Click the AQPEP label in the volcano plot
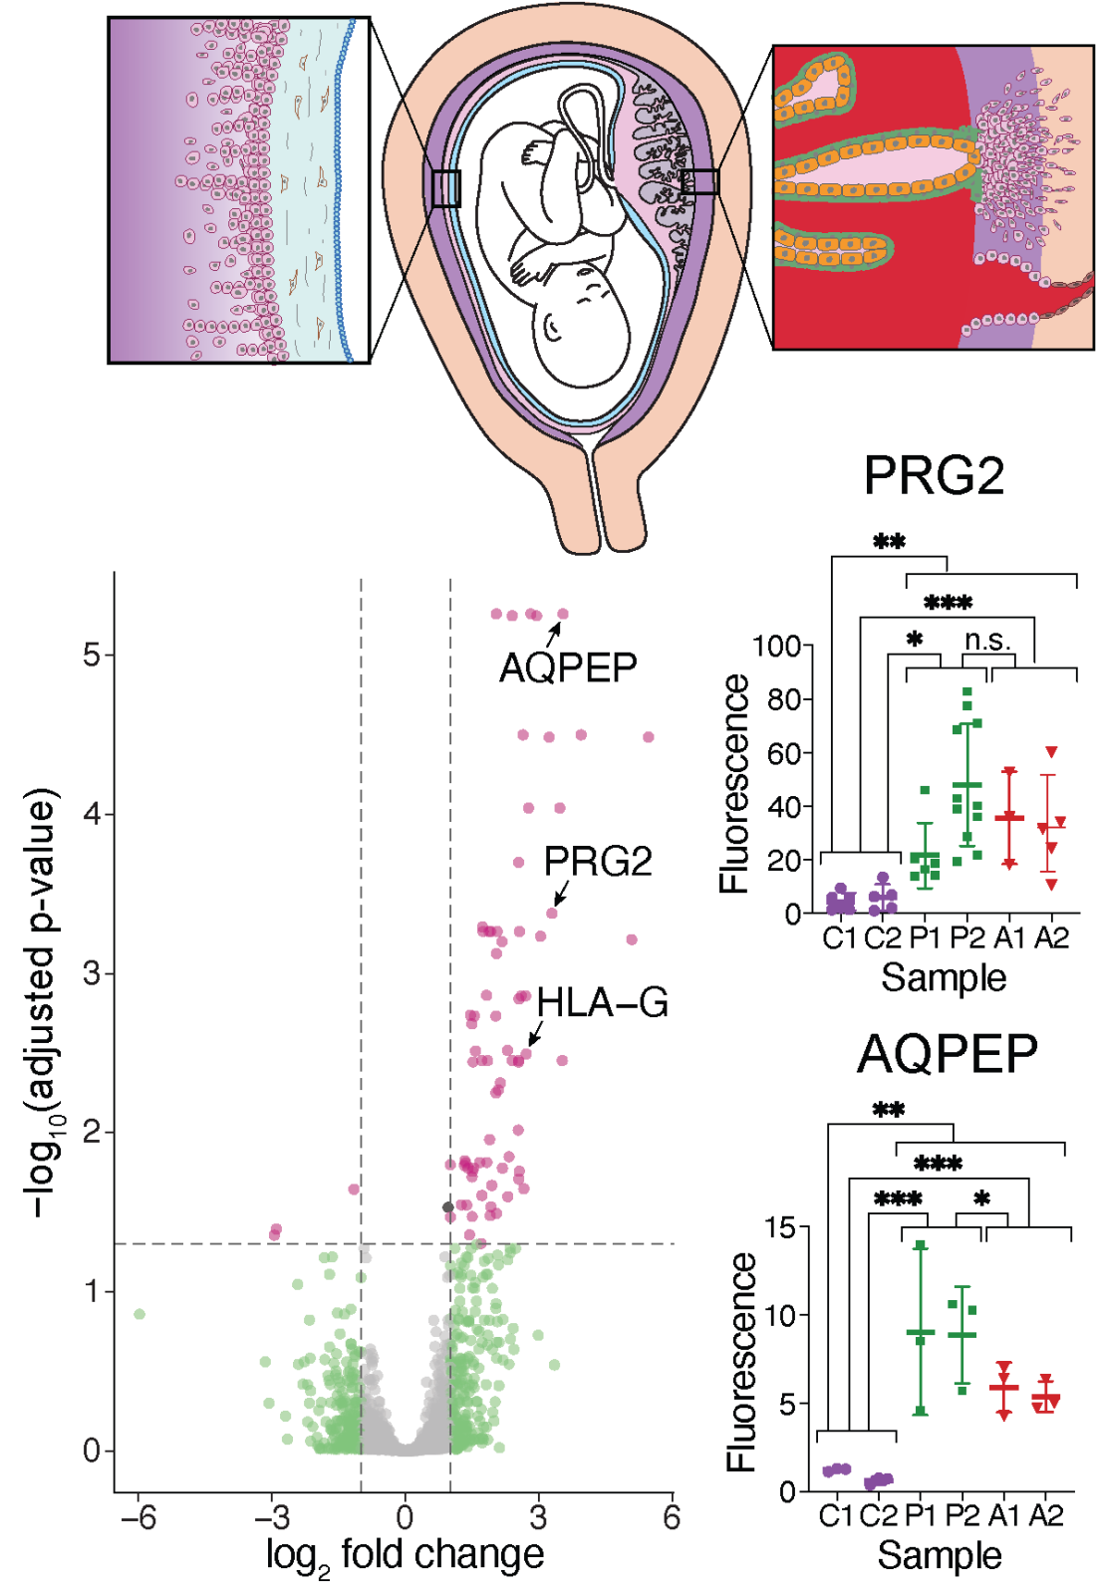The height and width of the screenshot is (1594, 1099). pos(568,667)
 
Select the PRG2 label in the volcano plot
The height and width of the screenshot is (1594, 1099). pos(598,861)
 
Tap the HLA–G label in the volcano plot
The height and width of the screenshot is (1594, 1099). pos(603,1003)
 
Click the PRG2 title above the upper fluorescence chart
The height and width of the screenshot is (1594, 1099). pos(934,475)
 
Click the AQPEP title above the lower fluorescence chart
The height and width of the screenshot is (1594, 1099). pos(948,1053)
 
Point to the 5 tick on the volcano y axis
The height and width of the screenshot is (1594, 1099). pos(93,655)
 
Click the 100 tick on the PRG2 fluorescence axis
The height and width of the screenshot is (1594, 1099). pos(777,647)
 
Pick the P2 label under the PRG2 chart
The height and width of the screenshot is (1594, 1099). pos(967,937)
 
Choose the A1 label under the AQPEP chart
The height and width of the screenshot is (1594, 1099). pos(1004,1515)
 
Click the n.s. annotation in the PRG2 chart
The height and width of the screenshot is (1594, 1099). pos(987,641)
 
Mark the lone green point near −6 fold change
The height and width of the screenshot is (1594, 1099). pos(139,1314)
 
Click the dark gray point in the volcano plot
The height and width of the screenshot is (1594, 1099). pos(448,1207)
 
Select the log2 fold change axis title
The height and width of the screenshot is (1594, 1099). pos(405,1555)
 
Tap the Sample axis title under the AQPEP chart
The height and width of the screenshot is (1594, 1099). pos(940,1555)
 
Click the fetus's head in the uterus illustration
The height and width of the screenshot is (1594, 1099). pos(583,324)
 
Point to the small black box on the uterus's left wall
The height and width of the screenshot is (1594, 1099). pos(445,188)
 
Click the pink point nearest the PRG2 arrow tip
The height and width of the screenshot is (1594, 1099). pos(552,913)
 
